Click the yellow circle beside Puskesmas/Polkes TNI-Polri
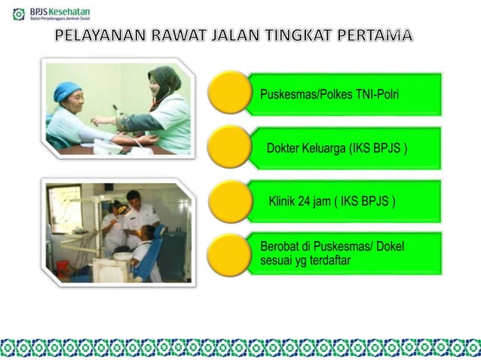coord(228,93)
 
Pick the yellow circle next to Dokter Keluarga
coord(228,147)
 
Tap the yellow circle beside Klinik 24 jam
coord(228,200)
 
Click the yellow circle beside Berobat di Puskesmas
coord(228,254)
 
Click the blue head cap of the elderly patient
coord(66,91)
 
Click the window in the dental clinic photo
coord(64,208)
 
